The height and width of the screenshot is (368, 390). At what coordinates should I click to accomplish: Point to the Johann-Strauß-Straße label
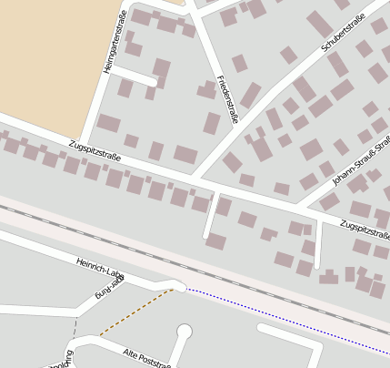pyautogui.click(x=360, y=163)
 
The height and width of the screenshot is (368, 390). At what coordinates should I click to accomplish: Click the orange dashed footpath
pyautogui.click(x=136, y=312)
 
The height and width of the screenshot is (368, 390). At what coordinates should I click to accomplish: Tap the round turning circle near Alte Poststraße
pyautogui.click(x=185, y=331)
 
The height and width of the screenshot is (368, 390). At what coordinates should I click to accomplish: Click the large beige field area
pyautogui.click(x=45, y=55)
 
